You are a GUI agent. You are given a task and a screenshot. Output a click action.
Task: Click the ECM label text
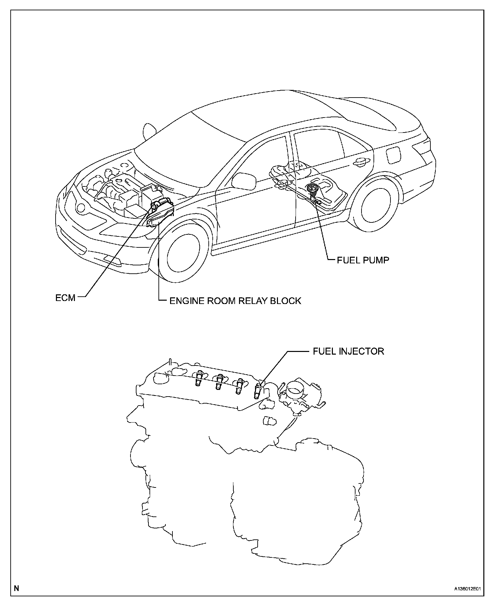65,297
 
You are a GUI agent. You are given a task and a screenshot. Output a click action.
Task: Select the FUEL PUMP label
363,260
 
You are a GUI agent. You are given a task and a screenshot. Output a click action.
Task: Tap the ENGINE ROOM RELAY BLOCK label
235,301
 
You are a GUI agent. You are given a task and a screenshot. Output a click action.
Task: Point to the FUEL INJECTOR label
348,351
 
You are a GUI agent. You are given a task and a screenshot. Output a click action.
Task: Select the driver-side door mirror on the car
243,180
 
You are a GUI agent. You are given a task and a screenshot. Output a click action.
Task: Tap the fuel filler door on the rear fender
393,154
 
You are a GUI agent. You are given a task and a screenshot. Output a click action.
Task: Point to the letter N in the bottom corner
16,588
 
